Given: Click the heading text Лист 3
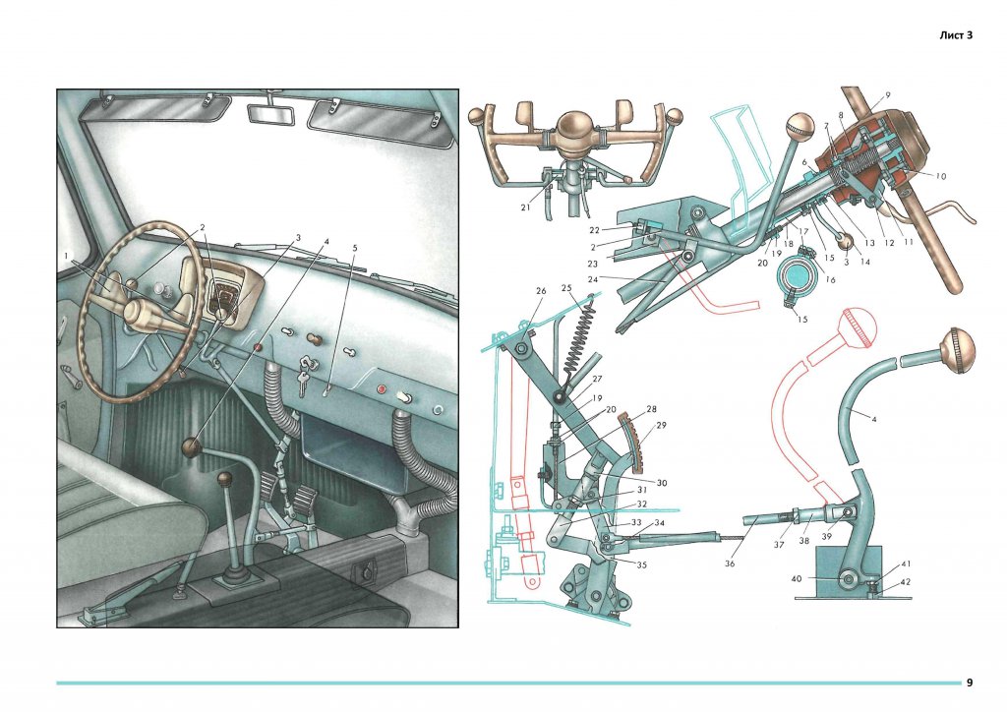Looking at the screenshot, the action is click(x=956, y=35).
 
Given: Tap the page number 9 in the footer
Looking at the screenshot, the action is click(x=970, y=682).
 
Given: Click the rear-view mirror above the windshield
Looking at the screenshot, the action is click(x=271, y=112).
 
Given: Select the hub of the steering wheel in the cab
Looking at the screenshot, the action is click(x=143, y=312).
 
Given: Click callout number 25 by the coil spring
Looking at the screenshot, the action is click(x=565, y=287).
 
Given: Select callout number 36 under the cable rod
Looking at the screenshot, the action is click(x=729, y=564).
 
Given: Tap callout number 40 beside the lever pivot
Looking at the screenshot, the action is click(x=796, y=578).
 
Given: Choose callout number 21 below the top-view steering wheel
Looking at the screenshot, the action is click(x=525, y=208).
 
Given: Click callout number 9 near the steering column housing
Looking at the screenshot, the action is click(x=887, y=95).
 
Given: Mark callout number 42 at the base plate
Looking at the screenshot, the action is click(x=906, y=582).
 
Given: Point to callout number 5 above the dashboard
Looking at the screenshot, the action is click(x=354, y=248).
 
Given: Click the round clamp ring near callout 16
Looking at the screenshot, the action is click(x=795, y=277).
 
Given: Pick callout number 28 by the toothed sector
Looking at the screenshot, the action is click(x=651, y=409).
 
